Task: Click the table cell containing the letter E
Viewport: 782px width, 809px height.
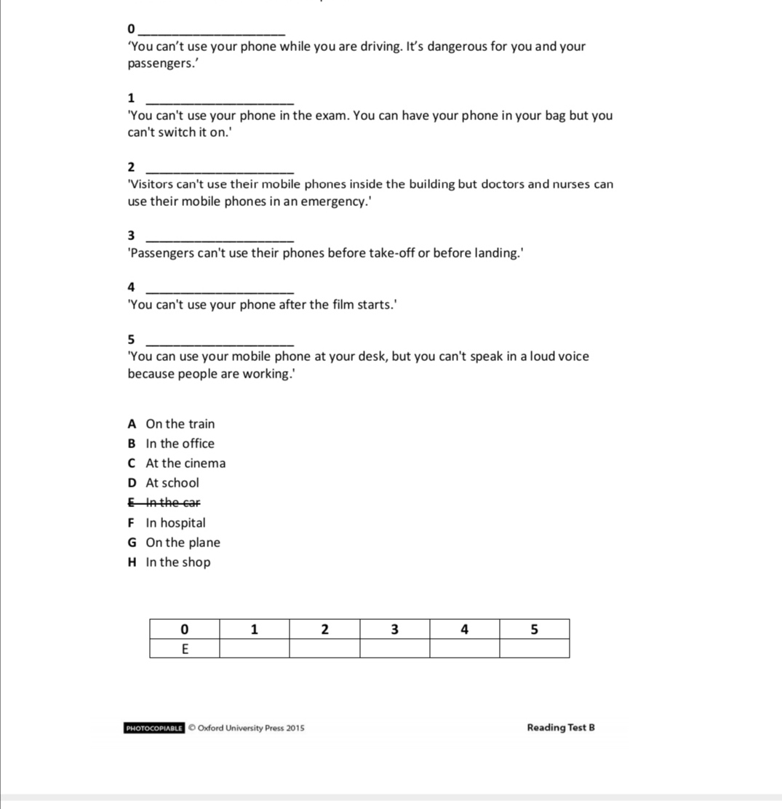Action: [184, 648]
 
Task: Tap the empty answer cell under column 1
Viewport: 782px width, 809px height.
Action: [254, 648]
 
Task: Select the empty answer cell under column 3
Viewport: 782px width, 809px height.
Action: [394, 648]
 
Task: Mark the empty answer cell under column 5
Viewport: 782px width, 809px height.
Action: [534, 648]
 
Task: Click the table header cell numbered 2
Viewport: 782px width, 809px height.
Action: [324, 629]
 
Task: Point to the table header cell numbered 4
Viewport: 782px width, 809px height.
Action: [464, 629]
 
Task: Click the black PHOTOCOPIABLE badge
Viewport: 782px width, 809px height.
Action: [154, 728]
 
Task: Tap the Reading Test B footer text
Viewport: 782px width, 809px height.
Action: [561, 728]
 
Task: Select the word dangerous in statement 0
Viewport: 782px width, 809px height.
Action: [458, 47]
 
